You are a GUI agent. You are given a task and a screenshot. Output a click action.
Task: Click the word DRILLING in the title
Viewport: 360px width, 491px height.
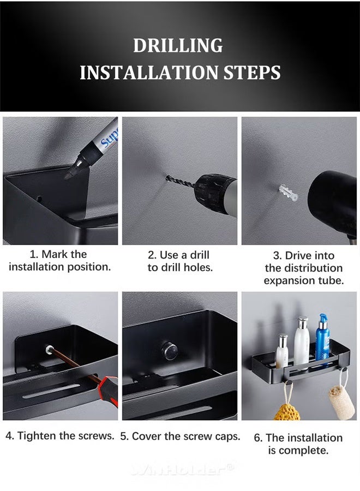tap(178, 46)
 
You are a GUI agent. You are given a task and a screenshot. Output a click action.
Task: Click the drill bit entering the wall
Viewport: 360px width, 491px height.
tap(181, 180)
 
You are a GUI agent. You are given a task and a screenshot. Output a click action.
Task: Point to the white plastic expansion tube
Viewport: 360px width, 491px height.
tap(288, 193)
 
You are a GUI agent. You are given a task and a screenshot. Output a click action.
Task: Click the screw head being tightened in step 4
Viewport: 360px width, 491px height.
tap(49, 348)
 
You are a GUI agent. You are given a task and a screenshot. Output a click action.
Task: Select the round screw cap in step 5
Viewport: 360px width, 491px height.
tap(170, 350)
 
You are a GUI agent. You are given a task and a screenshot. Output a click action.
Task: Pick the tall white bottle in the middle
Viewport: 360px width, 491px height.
tap(302, 344)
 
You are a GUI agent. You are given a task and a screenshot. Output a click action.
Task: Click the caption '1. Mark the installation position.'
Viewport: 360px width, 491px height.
tap(59, 261)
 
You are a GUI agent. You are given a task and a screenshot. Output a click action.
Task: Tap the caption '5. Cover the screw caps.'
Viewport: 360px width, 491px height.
tap(180, 436)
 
